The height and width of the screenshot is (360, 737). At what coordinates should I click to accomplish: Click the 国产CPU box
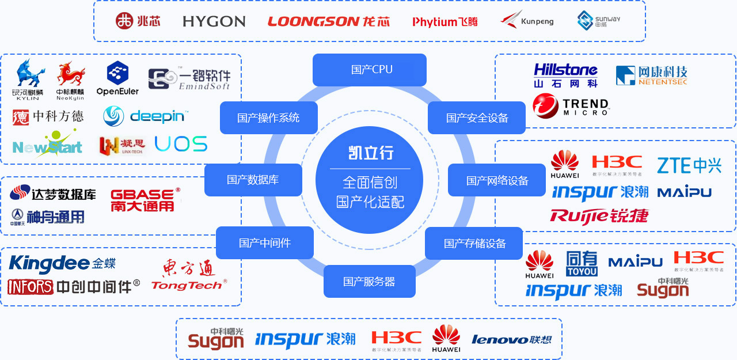pos(370,70)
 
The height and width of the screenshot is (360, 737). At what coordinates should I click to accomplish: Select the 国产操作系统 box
pos(268,118)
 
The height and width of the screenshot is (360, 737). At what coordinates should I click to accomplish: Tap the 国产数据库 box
pos(253,180)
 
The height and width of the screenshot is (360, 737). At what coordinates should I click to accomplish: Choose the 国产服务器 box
pos(369,282)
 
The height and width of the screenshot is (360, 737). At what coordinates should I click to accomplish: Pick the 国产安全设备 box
pos(477,118)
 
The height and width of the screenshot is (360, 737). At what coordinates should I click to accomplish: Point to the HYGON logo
pos(214,21)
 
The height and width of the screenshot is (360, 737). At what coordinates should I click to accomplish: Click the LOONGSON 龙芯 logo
pos(328,21)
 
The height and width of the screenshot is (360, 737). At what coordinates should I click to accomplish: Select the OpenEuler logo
pos(118,78)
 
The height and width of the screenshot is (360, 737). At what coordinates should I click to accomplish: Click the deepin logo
pos(146,116)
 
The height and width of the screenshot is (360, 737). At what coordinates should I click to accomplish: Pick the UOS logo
pos(181,144)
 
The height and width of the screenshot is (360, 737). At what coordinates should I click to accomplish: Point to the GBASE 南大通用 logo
pos(143,199)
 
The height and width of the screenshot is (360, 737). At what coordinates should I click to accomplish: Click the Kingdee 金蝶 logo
pos(62,263)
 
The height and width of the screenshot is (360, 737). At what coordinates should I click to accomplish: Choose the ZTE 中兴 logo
pos(689,165)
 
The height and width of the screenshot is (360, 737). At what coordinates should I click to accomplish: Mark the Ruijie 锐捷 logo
pos(599,216)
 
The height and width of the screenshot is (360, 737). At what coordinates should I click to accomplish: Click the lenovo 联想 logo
pos(511,339)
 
